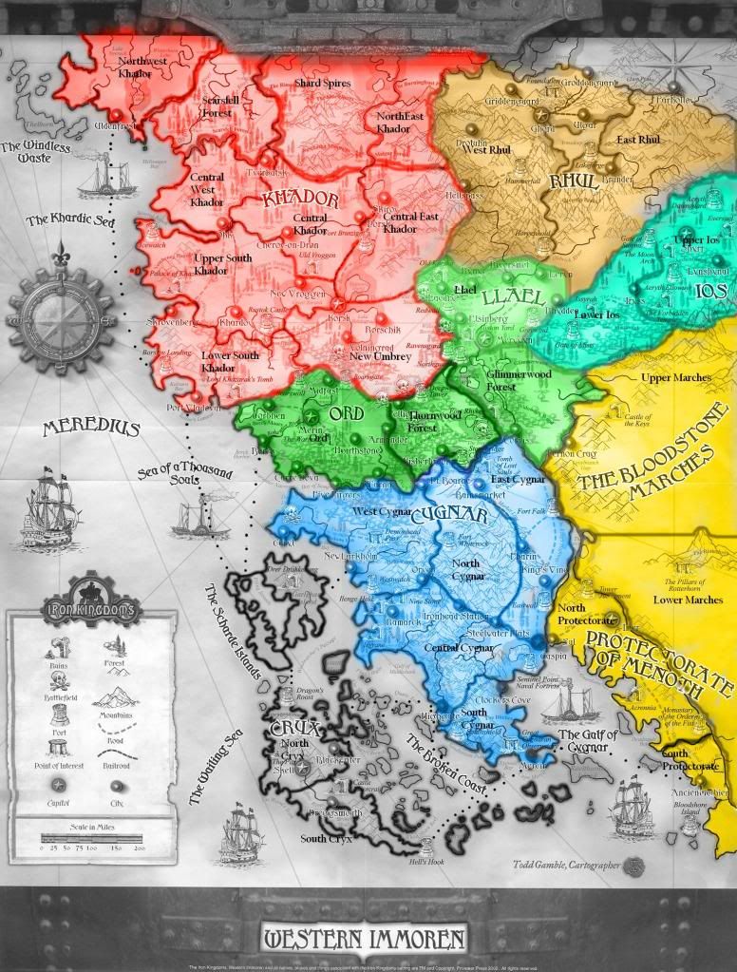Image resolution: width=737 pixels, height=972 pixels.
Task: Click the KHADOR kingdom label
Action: (x=301, y=200)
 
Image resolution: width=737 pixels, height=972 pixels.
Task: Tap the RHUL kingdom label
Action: (x=574, y=181)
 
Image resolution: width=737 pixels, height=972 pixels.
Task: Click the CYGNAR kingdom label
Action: (x=462, y=517)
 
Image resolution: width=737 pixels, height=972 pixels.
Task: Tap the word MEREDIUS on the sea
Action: (x=91, y=429)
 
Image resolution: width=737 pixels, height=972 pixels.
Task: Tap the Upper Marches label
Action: (x=676, y=378)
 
